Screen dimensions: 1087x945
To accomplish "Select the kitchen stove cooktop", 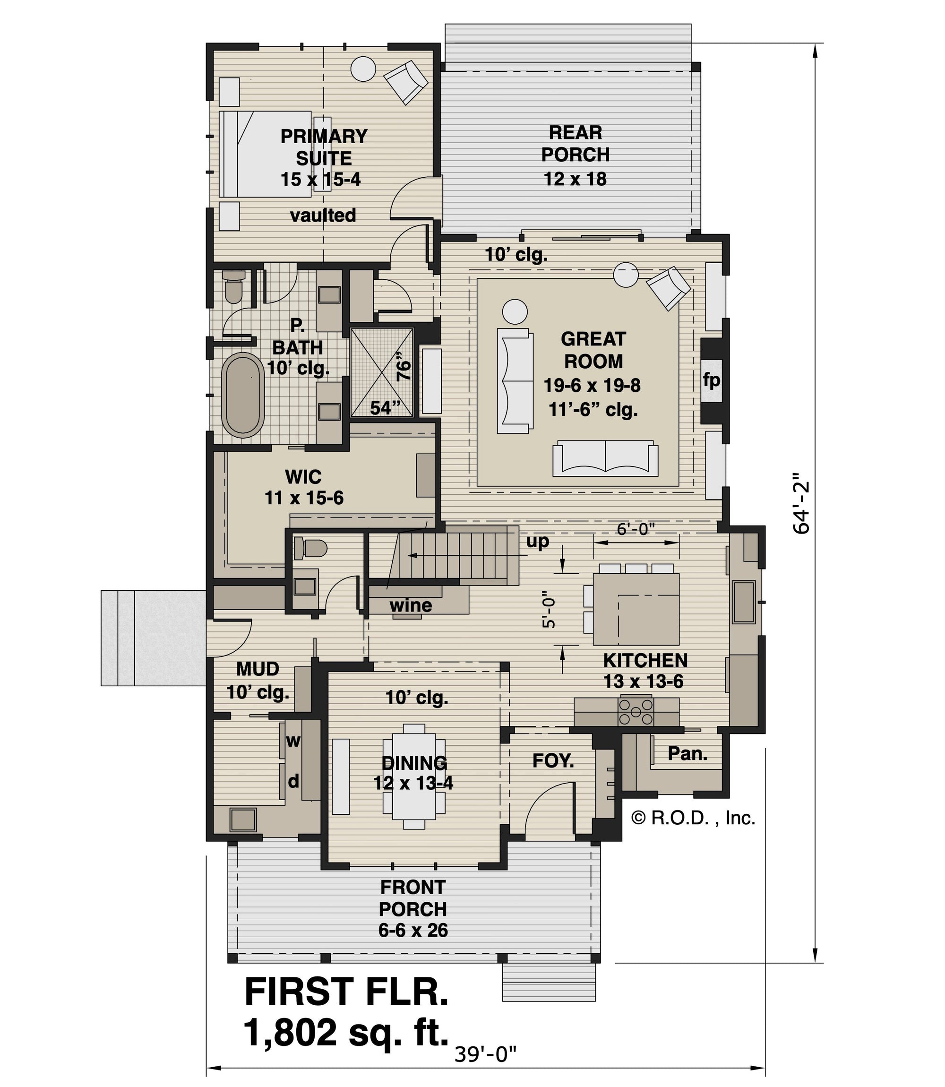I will [x=636, y=712].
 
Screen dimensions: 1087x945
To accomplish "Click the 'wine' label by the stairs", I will [x=411, y=605].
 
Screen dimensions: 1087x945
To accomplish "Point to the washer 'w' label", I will [x=293, y=741].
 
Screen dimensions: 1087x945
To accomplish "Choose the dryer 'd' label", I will [x=293, y=781].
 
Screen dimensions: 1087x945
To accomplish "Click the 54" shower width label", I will [x=385, y=408].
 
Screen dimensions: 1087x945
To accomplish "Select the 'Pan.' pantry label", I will [x=687, y=754].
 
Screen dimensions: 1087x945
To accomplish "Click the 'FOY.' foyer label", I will [x=553, y=760].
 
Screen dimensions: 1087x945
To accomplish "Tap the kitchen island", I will [x=636, y=609].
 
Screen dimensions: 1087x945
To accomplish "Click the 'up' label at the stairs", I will [x=537, y=541].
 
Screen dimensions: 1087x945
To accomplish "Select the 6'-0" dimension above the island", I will [x=636, y=529].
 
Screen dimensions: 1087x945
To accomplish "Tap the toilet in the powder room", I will [x=310, y=547].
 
